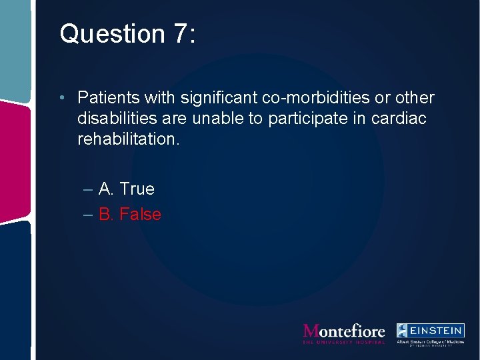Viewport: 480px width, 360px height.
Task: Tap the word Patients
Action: click(x=106, y=98)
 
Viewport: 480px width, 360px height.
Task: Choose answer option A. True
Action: click(x=126, y=189)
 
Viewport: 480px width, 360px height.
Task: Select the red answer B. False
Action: click(x=130, y=214)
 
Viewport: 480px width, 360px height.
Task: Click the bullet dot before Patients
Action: click(x=61, y=98)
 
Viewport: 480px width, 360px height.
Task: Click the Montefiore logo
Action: click(x=344, y=331)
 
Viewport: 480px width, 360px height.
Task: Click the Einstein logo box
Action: click(x=430, y=330)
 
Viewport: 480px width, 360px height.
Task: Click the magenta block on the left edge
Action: click(x=15, y=160)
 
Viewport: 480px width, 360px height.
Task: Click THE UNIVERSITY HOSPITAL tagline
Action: click(x=344, y=342)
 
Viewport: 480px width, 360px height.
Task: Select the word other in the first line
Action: click(x=414, y=98)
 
